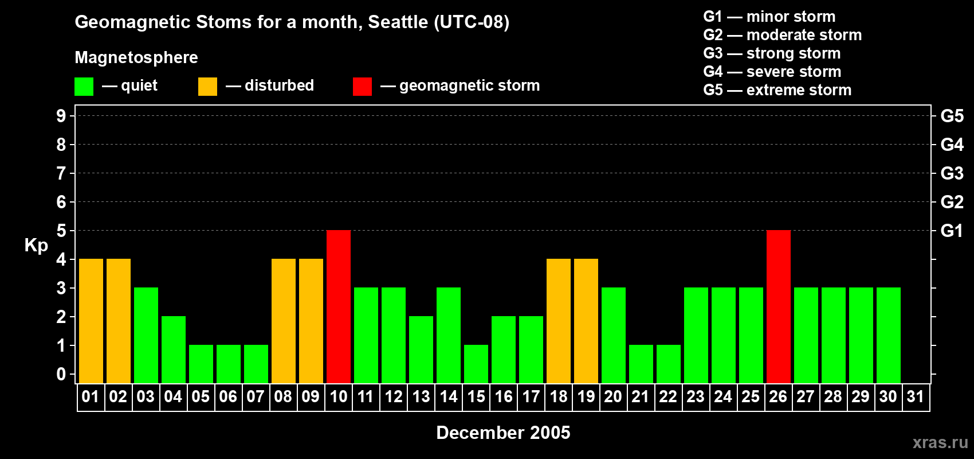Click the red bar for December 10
coord(338,306)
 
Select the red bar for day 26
coord(778,306)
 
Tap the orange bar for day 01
coord(91,321)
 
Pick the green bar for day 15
coord(476,364)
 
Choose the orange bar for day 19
coord(586,321)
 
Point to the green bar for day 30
coord(888,335)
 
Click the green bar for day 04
coord(174,349)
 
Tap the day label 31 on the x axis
coord(916,396)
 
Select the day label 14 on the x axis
coord(448,396)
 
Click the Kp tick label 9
coord(61,116)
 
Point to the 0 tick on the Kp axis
coord(61,374)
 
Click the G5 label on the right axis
coord(952,116)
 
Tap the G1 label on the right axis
coord(952,231)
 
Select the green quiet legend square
coord(84,86)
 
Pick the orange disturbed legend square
coord(207,86)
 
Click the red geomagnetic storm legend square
coord(362,86)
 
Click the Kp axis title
coord(36,246)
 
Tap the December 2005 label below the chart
coord(503,433)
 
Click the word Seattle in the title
coord(398,22)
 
